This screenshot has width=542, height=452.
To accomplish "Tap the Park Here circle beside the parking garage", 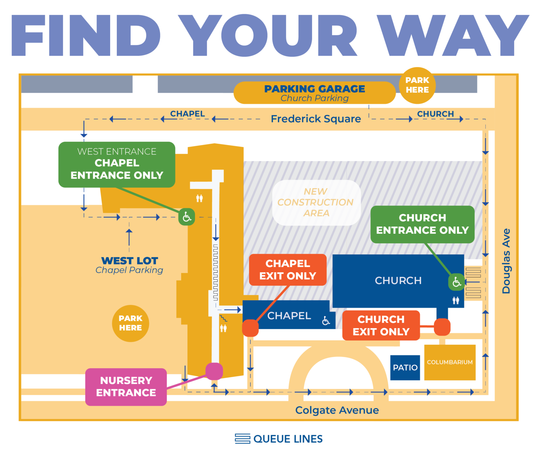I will (417, 85).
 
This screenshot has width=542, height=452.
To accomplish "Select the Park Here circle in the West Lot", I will (130, 323).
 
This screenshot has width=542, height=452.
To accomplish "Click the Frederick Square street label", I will (316, 119).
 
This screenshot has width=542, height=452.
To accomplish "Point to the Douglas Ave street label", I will (506, 261).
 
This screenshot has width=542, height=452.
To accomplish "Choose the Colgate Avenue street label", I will (337, 410).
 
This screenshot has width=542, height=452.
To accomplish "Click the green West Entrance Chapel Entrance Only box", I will (117, 164).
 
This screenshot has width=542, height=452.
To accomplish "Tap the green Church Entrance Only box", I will (422, 224).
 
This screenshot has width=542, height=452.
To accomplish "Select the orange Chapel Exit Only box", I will (288, 270).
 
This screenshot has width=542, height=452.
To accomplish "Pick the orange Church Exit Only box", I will (381, 325).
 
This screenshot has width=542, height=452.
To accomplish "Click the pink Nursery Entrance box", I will (126, 387).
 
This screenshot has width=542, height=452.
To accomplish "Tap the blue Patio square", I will (405, 367).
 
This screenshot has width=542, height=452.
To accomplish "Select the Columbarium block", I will (450, 362).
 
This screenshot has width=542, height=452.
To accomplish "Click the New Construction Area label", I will (316, 202).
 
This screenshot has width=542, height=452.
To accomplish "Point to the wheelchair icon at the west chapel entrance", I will (187, 217).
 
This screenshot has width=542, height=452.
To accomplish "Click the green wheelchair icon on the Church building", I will (456, 282).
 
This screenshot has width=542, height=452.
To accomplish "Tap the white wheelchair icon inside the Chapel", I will (326, 320).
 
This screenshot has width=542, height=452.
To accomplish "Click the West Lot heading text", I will (129, 261).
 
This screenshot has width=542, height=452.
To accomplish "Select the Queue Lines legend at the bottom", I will (278, 439).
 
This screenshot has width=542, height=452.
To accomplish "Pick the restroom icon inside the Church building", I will (456, 300).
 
